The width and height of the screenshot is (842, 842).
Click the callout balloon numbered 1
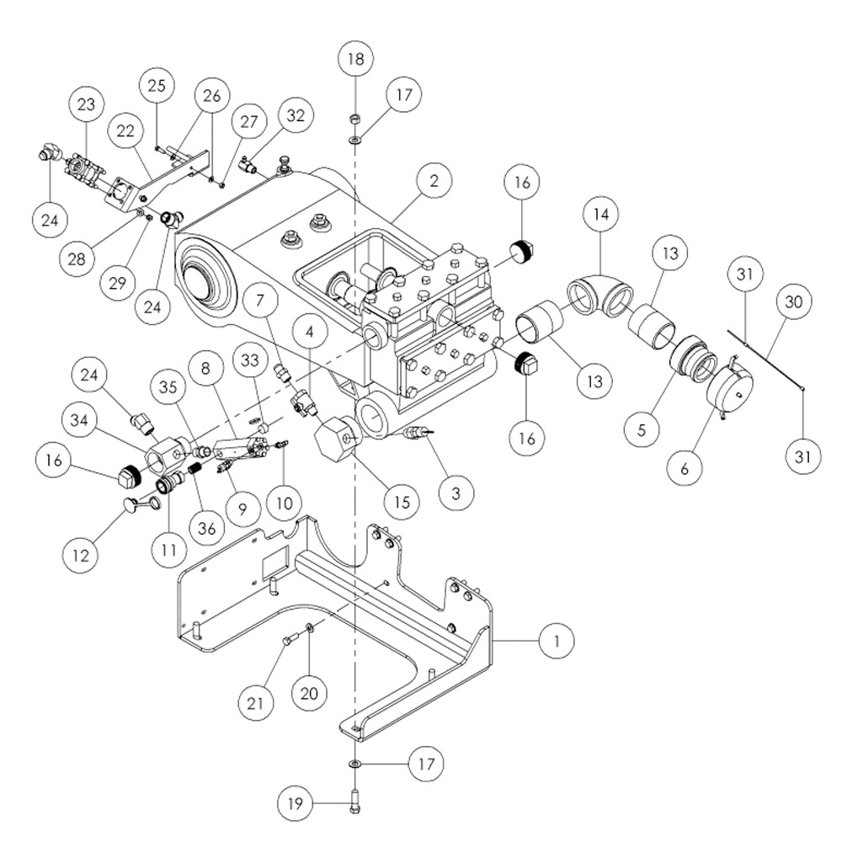557,641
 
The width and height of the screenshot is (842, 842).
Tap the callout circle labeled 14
601,214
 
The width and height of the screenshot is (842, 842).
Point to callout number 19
295,803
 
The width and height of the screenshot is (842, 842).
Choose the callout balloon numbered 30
793,301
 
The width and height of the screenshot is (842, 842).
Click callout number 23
86,104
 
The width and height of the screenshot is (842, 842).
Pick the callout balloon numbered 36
207,529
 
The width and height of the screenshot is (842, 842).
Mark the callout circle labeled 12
81,555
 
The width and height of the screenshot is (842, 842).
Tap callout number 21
256,703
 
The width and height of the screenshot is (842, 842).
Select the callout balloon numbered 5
642,429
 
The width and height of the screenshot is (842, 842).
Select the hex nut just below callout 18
354,119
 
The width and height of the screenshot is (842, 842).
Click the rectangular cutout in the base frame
275,562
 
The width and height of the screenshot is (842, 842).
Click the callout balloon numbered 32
296,115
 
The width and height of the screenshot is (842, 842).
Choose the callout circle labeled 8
205,369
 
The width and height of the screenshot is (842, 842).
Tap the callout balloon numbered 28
77,258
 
